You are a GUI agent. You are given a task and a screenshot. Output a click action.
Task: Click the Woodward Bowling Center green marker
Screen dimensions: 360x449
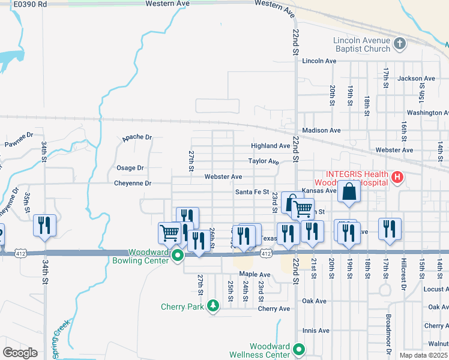click(177, 256)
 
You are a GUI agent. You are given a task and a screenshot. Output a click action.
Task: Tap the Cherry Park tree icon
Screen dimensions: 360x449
click(212, 307)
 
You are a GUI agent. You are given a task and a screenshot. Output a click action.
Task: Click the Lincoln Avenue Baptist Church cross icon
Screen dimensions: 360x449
click(400, 43)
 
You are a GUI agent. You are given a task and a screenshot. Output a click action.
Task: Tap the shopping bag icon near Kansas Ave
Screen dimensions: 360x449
click(349, 192)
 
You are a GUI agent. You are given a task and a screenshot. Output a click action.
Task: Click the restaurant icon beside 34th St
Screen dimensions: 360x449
click(44, 226)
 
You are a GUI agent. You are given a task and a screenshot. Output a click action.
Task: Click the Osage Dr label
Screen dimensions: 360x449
click(130, 168)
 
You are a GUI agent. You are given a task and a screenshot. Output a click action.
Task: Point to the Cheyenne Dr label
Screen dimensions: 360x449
click(133, 183)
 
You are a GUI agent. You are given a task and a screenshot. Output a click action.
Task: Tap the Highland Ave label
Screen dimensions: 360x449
click(270, 146)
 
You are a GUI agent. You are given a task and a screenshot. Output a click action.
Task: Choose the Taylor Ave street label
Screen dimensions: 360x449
click(264, 161)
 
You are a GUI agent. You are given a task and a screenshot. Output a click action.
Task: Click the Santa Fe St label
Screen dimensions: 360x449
click(252, 192)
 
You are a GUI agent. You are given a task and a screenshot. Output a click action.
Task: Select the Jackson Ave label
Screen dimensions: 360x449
click(416, 79)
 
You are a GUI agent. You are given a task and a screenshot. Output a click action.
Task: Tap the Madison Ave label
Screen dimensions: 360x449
click(321, 130)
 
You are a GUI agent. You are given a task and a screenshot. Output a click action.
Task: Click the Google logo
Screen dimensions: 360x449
click(20, 353)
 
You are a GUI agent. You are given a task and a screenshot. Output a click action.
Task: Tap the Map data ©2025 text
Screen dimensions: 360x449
click(424, 355)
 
